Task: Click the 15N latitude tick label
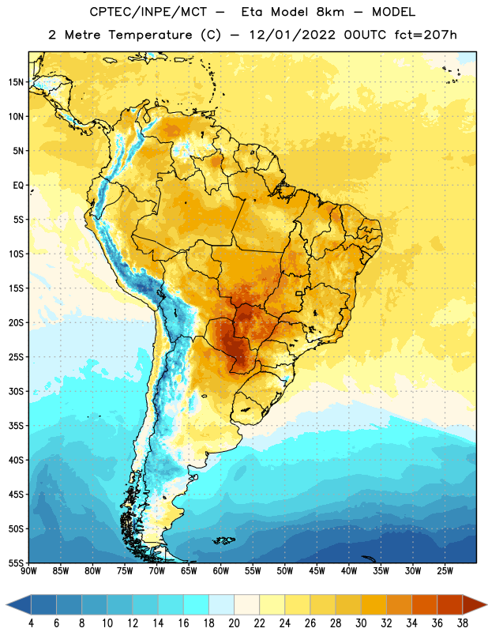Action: pos(16,82)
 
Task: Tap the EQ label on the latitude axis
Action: pos(18,186)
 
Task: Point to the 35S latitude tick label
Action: pos(16,426)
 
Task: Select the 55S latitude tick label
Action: pos(16,562)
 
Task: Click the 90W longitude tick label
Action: pos(28,571)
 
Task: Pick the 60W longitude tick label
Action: pos(221,571)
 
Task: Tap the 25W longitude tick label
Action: pos(445,571)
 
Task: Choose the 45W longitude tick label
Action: pos(317,571)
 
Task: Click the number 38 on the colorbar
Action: pos(462,623)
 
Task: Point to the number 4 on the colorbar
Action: pos(31,623)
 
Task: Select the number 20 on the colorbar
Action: pos(234,623)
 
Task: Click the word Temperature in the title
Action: pos(150,35)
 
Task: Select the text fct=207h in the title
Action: pos(426,35)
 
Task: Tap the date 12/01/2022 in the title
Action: pos(292,35)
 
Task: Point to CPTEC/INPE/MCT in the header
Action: pos(148,12)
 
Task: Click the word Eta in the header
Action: pos(252,12)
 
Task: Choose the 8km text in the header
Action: pos(330,12)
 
